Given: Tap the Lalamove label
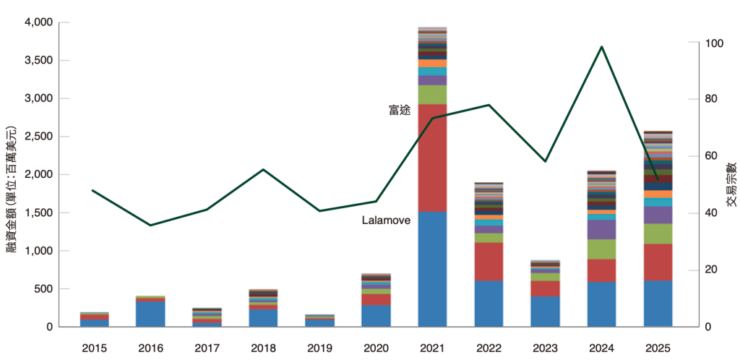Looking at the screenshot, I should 386,220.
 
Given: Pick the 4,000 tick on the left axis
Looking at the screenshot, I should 38,22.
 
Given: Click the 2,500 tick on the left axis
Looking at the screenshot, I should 38,137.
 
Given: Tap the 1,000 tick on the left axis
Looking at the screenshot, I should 38,251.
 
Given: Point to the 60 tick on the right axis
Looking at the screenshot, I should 711,157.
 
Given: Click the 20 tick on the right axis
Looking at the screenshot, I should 711,270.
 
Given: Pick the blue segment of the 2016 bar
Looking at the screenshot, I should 150,314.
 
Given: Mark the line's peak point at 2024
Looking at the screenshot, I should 602,47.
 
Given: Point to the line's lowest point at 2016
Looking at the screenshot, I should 150,226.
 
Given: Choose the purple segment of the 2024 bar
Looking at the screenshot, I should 601,229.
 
